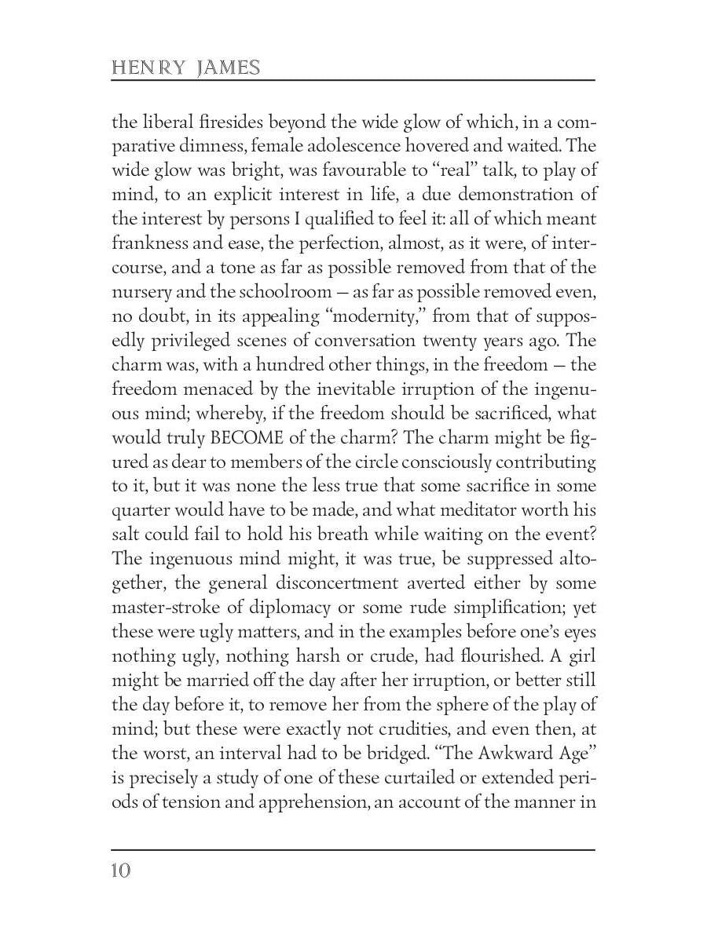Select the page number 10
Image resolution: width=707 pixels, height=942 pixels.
click(122, 871)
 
